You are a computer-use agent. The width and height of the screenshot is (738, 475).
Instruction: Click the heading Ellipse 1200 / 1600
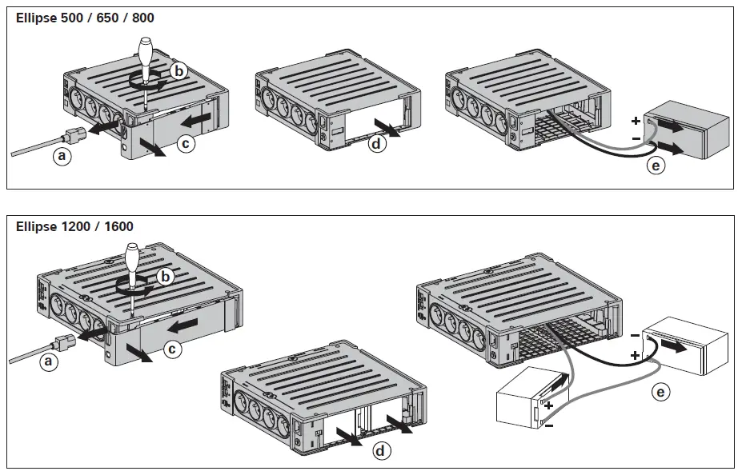pos(74,226)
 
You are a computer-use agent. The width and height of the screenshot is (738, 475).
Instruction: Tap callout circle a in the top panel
pos(62,156)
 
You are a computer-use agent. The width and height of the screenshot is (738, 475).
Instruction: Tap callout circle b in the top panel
pos(179,71)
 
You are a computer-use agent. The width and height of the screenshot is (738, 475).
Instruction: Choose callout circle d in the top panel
pos(375,145)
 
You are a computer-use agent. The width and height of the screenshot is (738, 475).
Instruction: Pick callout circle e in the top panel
pos(656,166)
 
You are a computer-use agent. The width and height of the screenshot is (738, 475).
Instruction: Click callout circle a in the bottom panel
pos(50,362)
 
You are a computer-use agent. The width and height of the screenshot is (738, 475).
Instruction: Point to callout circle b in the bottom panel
pos(166,277)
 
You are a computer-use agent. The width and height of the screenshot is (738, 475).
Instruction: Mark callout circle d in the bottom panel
pos(383,451)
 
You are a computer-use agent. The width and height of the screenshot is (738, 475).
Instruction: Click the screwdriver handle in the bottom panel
pos(133,261)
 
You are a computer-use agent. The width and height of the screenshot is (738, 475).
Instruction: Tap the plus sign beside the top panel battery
pos(636,122)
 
